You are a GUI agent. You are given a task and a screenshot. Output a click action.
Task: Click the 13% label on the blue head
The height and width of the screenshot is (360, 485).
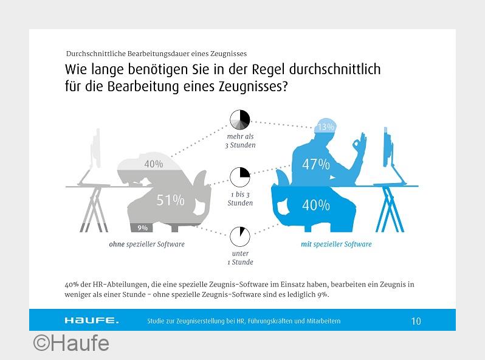click(326, 127)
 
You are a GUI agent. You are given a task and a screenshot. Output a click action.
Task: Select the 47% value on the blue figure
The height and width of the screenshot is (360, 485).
click(316, 164)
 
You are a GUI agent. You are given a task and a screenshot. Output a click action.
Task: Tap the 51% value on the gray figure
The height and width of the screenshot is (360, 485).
click(170, 200)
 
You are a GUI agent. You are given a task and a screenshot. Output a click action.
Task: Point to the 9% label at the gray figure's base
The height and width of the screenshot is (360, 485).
click(143, 228)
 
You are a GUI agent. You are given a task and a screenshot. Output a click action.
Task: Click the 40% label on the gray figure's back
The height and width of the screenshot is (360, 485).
click(154, 164)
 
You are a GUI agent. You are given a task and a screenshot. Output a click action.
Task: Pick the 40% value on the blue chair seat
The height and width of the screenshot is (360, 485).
click(316, 205)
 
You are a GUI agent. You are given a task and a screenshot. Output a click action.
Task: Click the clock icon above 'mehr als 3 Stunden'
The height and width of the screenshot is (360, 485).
click(239, 119)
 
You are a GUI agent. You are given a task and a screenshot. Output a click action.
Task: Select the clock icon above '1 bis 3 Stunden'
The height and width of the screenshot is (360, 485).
click(239, 177)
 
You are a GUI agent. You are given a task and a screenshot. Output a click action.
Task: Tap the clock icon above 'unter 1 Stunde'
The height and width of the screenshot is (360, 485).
click(239, 237)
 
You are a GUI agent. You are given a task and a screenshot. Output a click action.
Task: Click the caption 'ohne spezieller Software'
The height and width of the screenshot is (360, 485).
click(146, 244)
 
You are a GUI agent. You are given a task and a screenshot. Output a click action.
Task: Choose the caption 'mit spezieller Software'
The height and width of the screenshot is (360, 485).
click(336, 244)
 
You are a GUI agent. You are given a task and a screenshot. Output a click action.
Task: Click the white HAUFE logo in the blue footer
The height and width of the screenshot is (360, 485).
click(92, 320)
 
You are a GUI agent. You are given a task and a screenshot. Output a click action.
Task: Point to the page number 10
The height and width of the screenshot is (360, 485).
click(416, 321)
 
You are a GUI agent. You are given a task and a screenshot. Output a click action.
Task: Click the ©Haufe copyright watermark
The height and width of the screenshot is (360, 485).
click(71, 344)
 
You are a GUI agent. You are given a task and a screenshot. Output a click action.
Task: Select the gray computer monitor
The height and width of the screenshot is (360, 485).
click(96, 148)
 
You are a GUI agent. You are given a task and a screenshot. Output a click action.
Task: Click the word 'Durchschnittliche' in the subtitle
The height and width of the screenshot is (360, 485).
click(96, 54)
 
